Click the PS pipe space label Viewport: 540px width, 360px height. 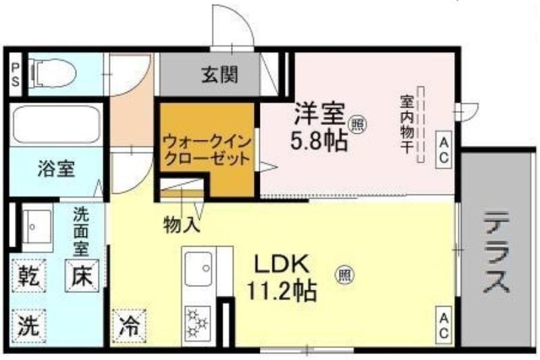[x=16, y=74]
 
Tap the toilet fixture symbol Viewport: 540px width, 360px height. [x=53, y=74]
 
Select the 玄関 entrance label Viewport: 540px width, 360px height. [x=219, y=75]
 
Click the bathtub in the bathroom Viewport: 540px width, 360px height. [x=57, y=125]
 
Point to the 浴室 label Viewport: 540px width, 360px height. [x=56, y=169]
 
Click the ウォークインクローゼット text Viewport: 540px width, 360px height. [x=207, y=151]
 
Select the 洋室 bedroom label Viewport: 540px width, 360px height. [x=319, y=113]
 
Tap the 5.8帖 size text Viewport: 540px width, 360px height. [x=318, y=141]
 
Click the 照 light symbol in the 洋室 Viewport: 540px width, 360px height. [x=357, y=124]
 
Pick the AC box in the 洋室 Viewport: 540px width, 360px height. [x=443, y=151]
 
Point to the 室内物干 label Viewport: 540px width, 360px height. [x=407, y=124]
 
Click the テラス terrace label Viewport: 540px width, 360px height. [x=496, y=253]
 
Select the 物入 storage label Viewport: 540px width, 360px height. [x=182, y=225]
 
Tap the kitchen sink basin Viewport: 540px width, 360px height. [x=198, y=269]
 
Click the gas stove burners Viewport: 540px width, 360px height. [x=198, y=323]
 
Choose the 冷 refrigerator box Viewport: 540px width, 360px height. [x=129, y=327]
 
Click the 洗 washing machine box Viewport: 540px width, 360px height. [x=28, y=326]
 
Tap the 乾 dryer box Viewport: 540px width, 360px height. [x=28, y=276]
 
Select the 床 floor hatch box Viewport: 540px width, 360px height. [x=82, y=276]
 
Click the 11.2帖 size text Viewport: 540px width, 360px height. [x=281, y=291]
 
